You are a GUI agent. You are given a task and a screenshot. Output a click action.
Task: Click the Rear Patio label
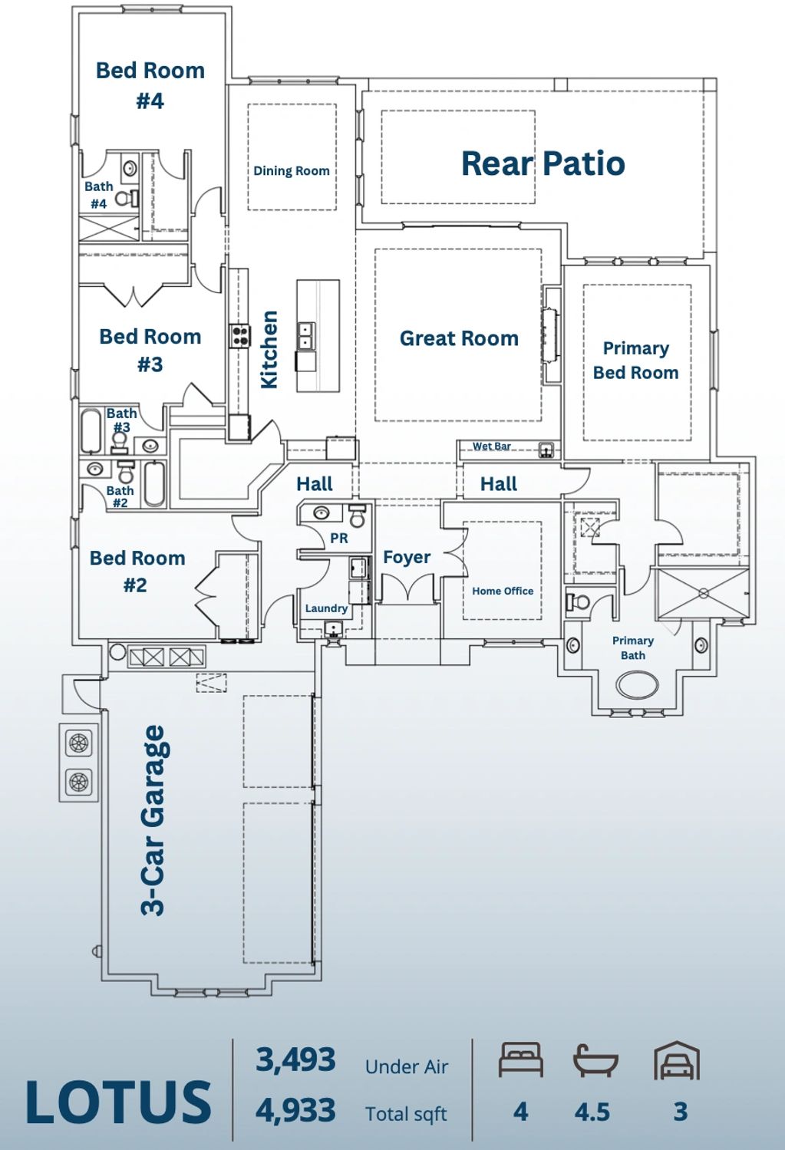tap(543, 163)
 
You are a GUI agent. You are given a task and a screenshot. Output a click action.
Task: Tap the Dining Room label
tap(292, 171)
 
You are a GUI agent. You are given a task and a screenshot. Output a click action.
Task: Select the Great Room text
tap(459, 338)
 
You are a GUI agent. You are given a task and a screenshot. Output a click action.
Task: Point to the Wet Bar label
tap(492, 446)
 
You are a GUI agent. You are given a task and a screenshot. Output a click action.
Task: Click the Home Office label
tap(503, 591)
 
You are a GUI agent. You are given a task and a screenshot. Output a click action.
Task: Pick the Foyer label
tap(407, 558)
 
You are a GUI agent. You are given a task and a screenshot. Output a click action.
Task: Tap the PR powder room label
tap(339, 538)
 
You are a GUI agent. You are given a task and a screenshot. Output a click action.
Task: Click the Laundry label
tap(327, 608)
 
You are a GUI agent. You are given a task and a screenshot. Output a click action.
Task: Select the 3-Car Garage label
tap(153, 820)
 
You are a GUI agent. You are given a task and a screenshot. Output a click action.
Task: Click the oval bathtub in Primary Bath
tap(637, 685)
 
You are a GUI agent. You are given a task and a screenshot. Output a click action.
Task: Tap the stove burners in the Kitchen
tap(240, 336)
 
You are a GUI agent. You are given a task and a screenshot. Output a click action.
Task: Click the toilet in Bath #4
tap(127, 198)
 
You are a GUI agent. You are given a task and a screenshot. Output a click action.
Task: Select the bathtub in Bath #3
tap(91, 430)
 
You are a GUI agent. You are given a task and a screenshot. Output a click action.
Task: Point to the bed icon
tap(520, 1059)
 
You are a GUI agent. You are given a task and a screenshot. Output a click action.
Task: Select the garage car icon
tap(677, 1061)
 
